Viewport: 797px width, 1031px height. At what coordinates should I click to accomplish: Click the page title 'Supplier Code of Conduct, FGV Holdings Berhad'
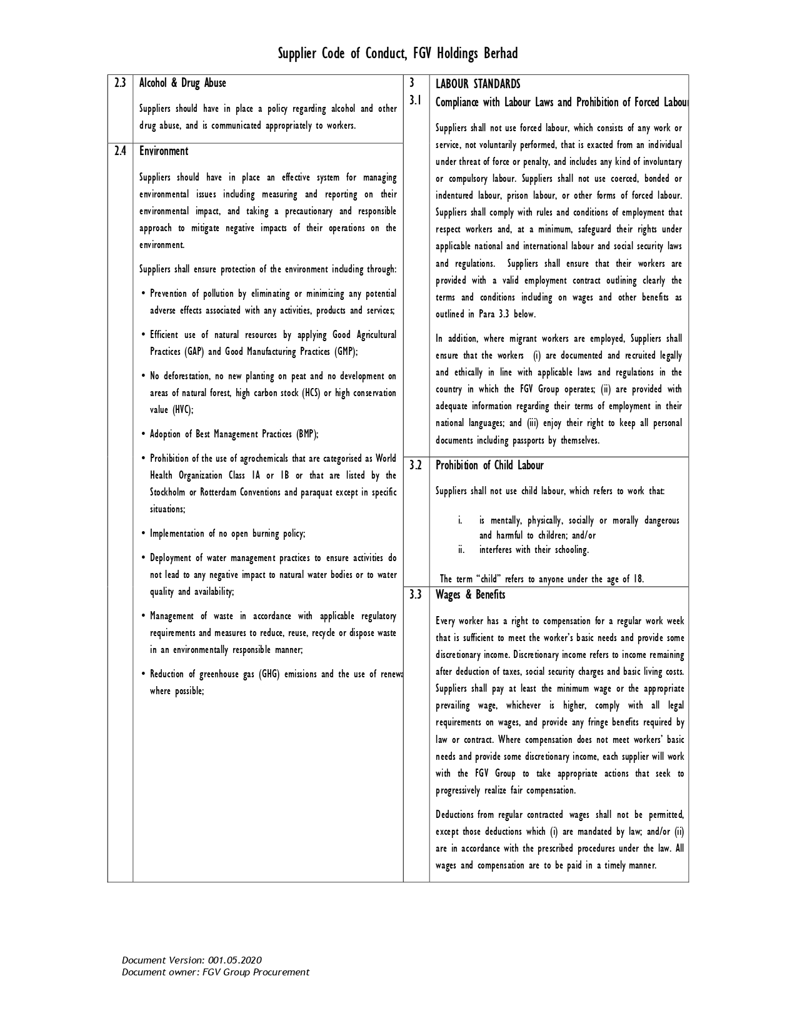[398, 54]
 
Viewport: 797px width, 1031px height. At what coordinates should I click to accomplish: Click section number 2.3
[120, 83]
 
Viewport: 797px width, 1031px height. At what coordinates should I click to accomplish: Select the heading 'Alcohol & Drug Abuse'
[183, 83]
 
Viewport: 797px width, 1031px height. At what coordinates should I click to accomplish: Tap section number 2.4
[120, 151]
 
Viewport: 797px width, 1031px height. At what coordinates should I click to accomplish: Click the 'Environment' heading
[164, 151]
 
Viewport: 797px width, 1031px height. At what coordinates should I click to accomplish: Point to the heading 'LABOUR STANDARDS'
[478, 84]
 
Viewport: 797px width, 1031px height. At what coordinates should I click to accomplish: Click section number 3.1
[415, 100]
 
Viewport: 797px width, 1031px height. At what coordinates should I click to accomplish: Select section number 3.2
[416, 466]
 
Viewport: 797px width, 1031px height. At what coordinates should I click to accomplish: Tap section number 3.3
[416, 595]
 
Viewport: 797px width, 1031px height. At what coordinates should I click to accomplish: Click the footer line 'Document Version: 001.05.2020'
[192, 960]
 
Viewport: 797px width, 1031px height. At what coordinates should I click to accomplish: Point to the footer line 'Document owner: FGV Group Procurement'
[216, 972]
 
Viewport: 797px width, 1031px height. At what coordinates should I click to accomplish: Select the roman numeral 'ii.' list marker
[461, 550]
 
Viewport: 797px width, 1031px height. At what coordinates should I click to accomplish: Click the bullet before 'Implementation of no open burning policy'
[144, 534]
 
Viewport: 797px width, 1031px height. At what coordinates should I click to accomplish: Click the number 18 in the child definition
[637, 579]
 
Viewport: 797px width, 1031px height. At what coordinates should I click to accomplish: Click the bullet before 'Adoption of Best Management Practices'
[144, 434]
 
